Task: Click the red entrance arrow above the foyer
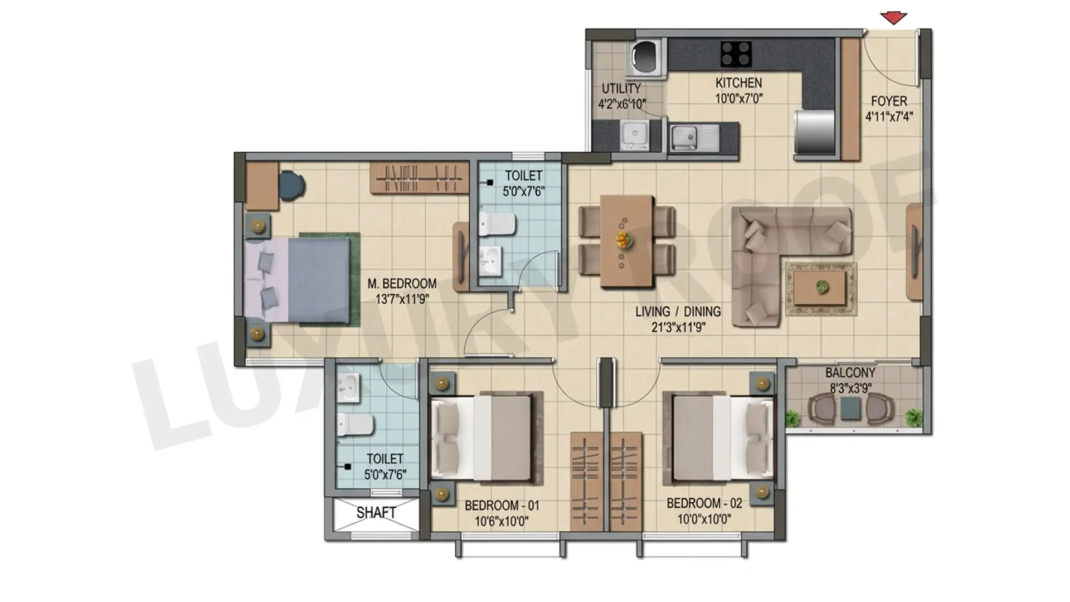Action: tap(894, 18)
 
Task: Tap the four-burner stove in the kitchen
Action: tap(736, 54)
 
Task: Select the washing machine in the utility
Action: tap(645, 57)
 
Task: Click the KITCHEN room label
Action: tap(738, 83)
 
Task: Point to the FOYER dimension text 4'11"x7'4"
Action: tap(889, 116)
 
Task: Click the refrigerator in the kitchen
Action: tap(814, 132)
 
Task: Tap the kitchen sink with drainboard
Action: tap(694, 137)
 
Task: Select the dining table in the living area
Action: tap(627, 241)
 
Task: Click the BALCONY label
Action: tap(850, 372)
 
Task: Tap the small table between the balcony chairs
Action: tap(850, 408)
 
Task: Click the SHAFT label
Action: tap(376, 512)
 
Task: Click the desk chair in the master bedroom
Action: tap(291, 185)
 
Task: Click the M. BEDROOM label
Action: tap(402, 284)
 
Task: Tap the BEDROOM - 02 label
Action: tap(704, 503)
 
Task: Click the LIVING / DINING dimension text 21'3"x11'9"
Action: tap(678, 327)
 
